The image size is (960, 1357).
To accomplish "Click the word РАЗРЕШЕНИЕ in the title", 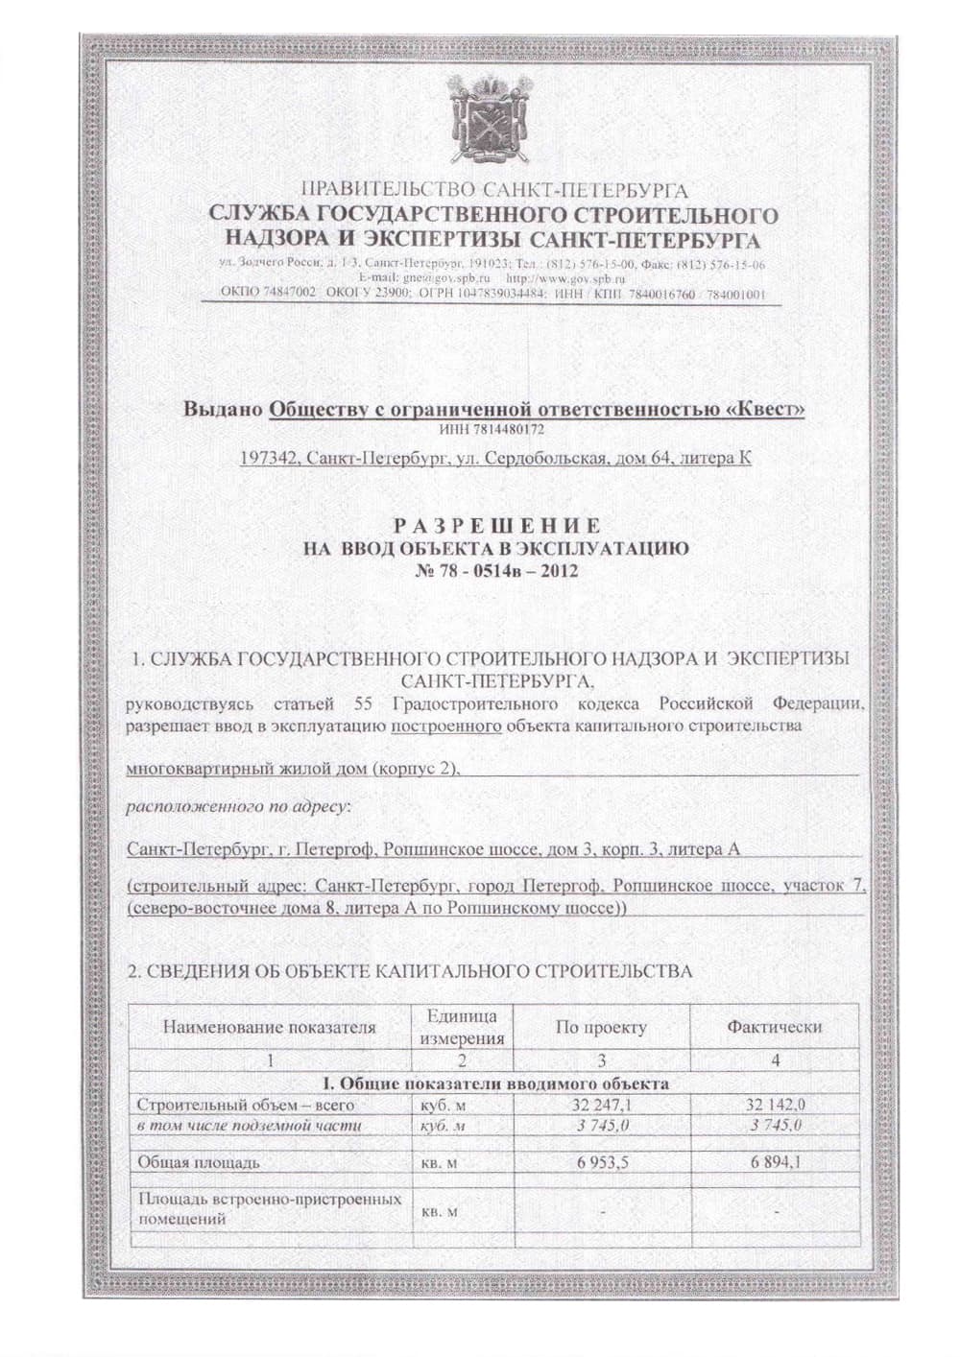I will (x=498, y=525).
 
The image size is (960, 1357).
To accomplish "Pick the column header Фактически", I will (x=774, y=1026).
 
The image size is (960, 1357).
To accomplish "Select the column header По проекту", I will (x=601, y=1026).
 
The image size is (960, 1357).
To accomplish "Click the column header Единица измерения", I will (x=461, y=1026).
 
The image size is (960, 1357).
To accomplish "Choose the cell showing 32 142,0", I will (x=775, y=1105).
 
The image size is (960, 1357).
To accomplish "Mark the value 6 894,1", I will (x=776, y=1162).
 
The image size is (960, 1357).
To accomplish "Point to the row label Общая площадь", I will (x=199, y=1162).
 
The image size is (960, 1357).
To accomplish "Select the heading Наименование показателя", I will (x=270, y=1027).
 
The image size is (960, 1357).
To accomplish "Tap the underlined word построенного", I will (x=446, y=726).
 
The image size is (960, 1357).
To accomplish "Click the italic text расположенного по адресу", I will (x=240, y=807).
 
